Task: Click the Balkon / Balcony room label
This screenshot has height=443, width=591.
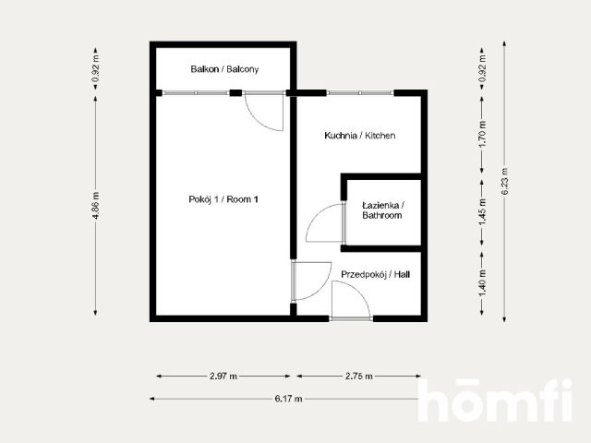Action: coord(224,69)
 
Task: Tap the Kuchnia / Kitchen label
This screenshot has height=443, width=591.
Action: coord(360,136)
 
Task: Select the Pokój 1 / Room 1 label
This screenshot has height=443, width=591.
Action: coord(223,199)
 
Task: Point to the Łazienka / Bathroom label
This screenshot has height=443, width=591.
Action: coord(382,210)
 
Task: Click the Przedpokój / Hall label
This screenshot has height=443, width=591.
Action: coord(376,275)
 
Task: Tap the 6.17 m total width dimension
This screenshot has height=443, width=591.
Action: coord(288,399)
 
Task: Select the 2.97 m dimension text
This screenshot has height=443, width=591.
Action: coord(223,376)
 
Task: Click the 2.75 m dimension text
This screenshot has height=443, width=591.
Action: coord(359,376)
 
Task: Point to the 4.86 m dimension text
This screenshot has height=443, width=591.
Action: coord(96,205)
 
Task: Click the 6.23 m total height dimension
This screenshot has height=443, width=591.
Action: coord(505,181)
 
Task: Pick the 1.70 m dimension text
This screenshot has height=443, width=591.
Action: coord(482,135)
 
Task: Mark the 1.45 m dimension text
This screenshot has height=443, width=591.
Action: coord(482,212)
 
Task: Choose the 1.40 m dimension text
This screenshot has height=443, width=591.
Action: coord(482,282)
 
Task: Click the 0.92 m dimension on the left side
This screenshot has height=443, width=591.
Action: coord(96,69)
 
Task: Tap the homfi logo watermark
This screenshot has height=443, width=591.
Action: coord(495,400)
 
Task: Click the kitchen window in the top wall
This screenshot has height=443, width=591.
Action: coord(360,92)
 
